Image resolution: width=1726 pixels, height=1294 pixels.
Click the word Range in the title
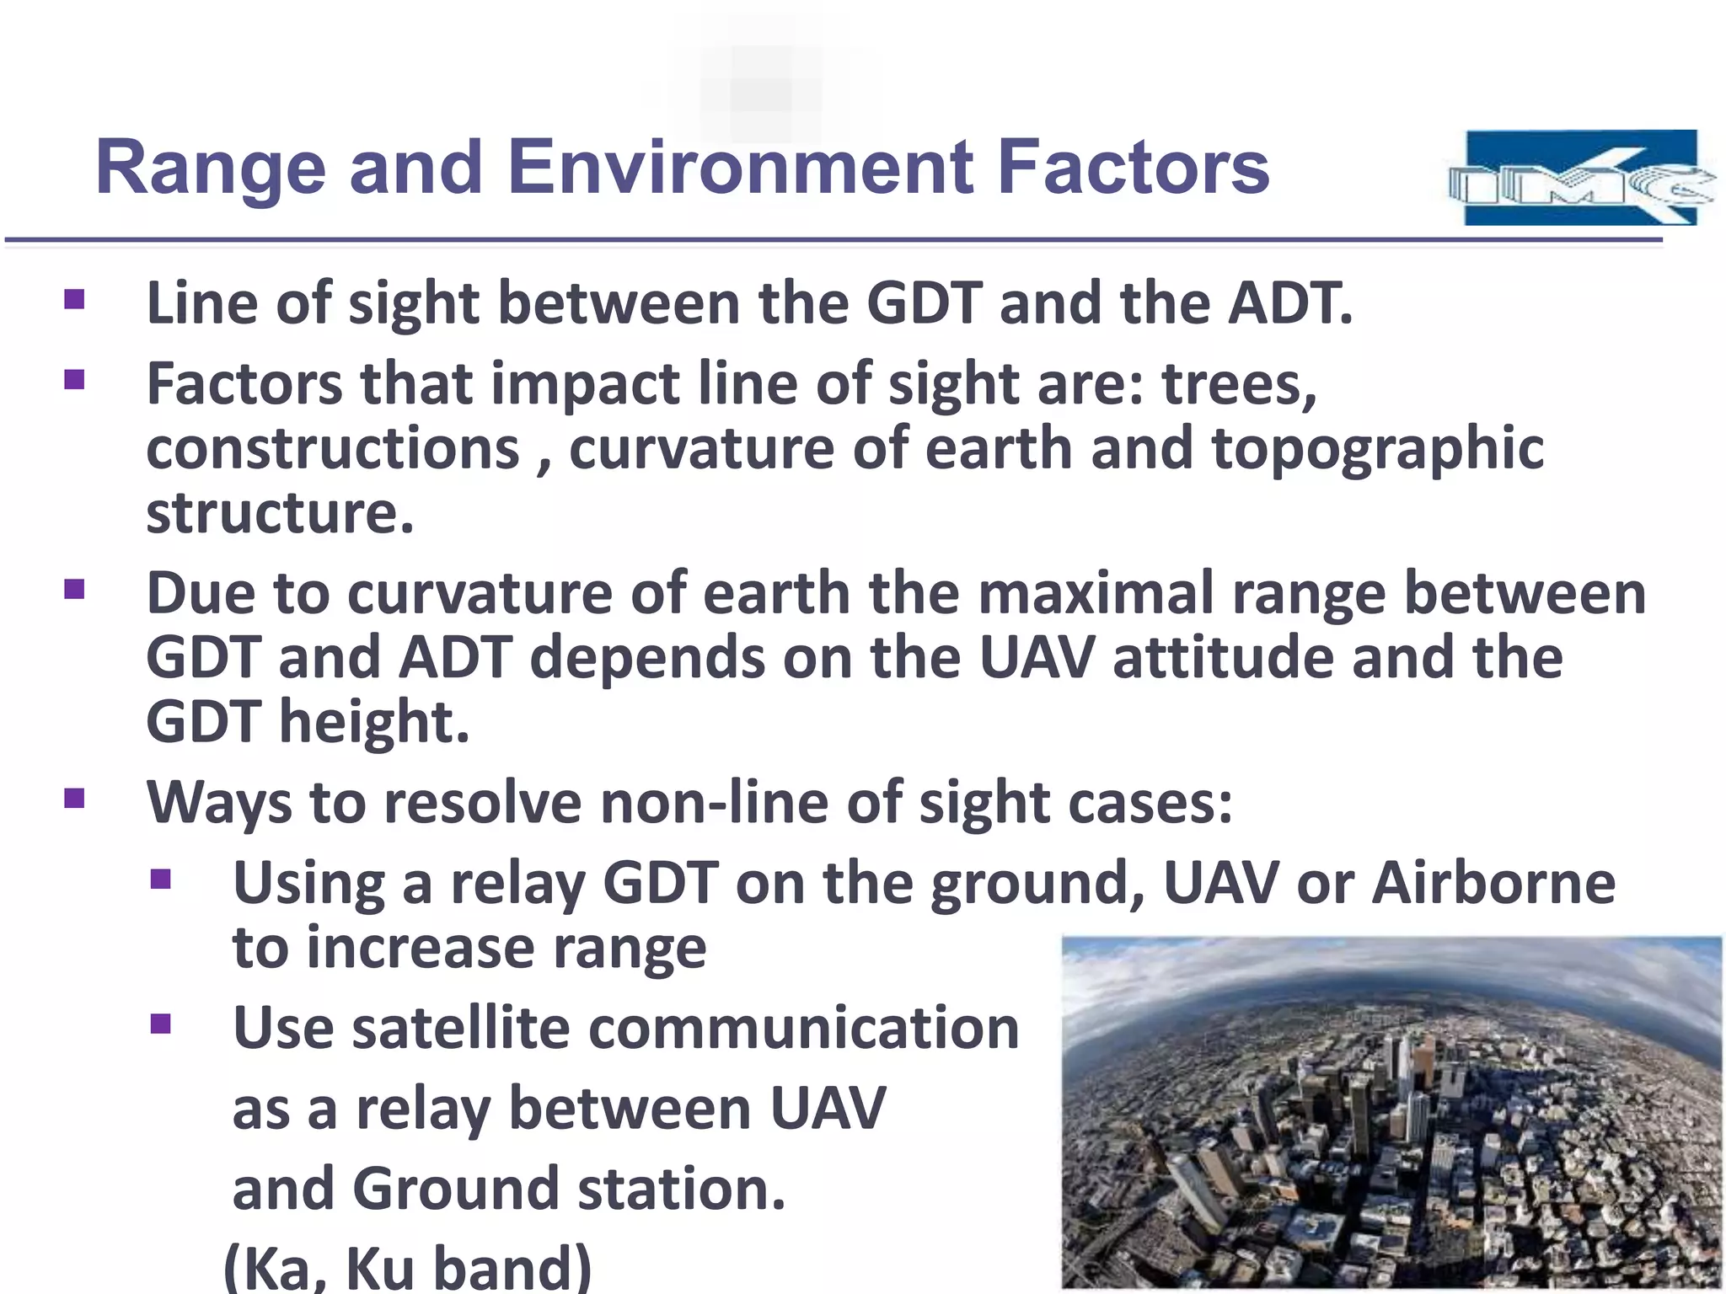click(x=211, y=168)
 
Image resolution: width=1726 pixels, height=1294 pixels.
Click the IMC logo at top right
click(x=1581, y=178)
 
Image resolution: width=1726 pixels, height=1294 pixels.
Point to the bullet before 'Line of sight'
click(x=74, y=300)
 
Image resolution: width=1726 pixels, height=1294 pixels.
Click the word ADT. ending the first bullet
click(x=1289, y=302)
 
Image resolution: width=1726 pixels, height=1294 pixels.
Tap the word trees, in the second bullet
click(x=1239, y=383)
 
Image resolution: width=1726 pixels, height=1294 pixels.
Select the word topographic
click(x=1377, y=449)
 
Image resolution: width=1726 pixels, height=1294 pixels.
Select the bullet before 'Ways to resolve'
click(x=74, y=797)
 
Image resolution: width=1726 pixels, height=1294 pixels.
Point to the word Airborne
click(x=1493, y=883)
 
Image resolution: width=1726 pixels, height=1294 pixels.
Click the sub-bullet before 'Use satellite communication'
click(x=160, y=1024)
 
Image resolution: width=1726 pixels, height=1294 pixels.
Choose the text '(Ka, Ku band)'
click(x=408, y=1266)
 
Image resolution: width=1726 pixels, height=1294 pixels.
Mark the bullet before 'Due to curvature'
click(x=74, y=589)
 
